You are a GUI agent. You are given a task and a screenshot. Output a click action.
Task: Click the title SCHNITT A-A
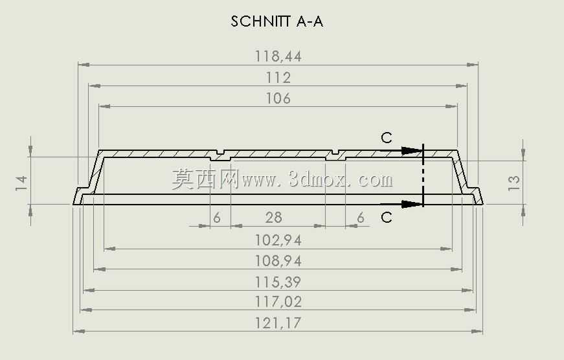point(277,21)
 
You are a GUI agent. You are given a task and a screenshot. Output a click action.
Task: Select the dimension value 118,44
point(278,56)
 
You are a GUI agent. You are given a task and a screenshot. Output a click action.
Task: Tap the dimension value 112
point(278,78)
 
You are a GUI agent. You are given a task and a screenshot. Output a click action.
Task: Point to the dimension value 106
point(278,98)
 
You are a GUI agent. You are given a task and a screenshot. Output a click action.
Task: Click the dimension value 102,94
point(278,240)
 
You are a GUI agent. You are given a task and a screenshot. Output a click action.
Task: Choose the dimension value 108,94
point(278,261)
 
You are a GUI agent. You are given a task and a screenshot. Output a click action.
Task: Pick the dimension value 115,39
point(278,282)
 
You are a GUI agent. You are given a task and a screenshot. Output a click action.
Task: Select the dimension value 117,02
point(278,301)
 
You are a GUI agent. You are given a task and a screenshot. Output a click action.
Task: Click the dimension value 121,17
point(278,322)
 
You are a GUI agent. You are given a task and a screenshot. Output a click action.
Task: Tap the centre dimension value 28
point(274,218)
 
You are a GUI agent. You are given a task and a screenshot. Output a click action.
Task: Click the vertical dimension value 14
point(21,183)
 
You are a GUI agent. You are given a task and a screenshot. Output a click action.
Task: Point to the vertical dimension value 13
point(513,183)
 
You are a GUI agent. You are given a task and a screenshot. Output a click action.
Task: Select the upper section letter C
point(387,138)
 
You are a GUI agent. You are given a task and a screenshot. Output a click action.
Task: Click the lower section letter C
point(387,217)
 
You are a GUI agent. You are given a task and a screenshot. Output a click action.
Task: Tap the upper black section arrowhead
point(411,151)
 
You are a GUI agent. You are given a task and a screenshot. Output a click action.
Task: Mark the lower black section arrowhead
point(411,204)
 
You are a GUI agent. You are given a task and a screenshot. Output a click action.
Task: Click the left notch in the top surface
point(220,152)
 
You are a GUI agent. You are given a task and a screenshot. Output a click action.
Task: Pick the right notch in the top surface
point(335,152)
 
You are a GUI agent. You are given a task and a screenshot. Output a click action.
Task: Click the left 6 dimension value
point(216,218)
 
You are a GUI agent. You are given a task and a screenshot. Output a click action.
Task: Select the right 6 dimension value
point(361,218)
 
